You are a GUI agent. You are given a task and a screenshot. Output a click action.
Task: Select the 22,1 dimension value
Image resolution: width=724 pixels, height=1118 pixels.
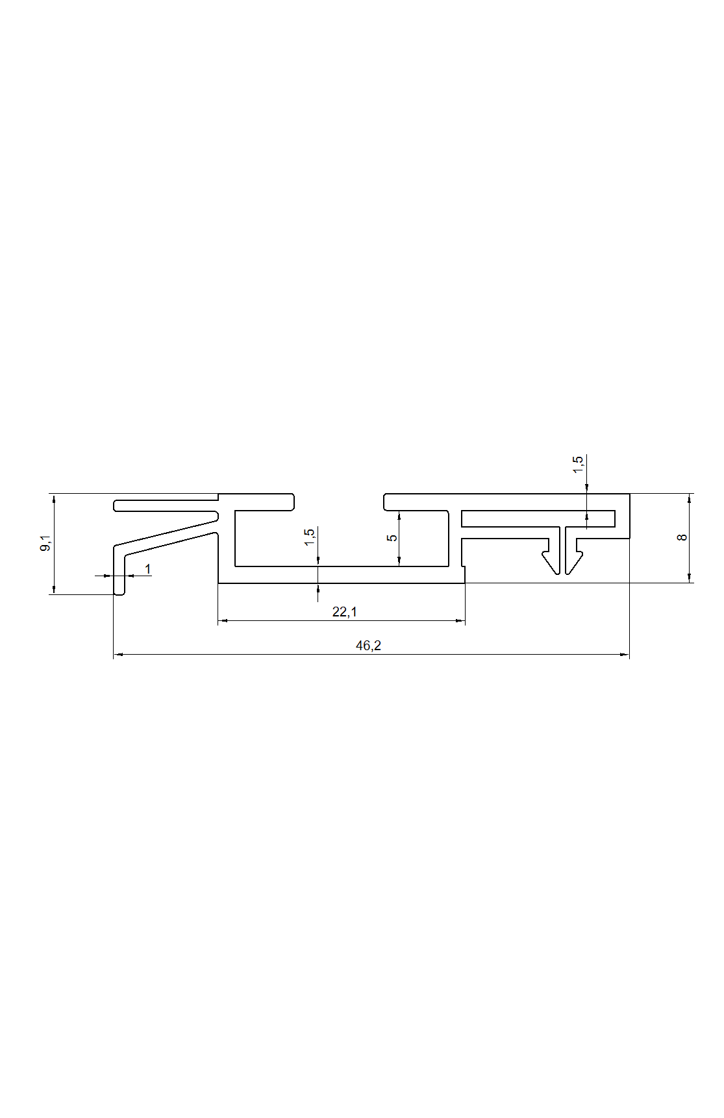tap(344, 611)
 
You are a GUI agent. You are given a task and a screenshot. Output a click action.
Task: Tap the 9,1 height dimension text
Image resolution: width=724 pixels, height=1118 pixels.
tap(45, 544)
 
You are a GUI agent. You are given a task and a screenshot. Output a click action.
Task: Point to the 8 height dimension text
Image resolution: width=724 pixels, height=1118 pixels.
tap(681, 537)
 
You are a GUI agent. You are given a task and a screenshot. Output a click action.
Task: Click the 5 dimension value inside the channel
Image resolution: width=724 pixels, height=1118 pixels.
tap(392, 538)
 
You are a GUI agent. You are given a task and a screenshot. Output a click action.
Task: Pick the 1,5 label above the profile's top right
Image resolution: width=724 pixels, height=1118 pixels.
tap(578, 465)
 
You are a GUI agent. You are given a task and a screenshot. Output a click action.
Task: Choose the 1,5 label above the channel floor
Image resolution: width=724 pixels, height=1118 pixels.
tap(309, 537)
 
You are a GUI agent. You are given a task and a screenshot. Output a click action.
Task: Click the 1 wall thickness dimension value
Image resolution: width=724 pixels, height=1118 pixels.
tap(147, 569)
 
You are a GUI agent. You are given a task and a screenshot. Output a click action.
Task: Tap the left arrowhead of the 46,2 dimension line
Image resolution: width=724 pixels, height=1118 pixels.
tap(118, 655)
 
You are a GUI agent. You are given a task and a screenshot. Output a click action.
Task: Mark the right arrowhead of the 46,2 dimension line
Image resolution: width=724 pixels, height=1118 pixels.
tap(625, 655)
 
